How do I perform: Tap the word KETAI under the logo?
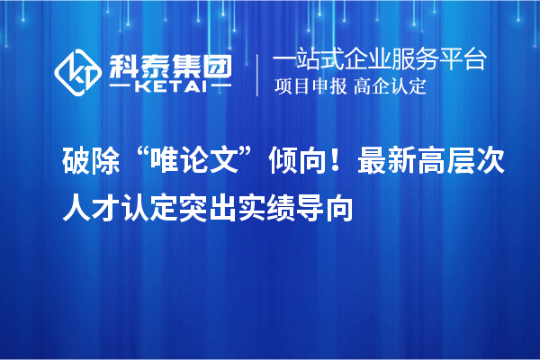pos(170,87)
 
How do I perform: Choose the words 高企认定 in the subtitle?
pos(391,87)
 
